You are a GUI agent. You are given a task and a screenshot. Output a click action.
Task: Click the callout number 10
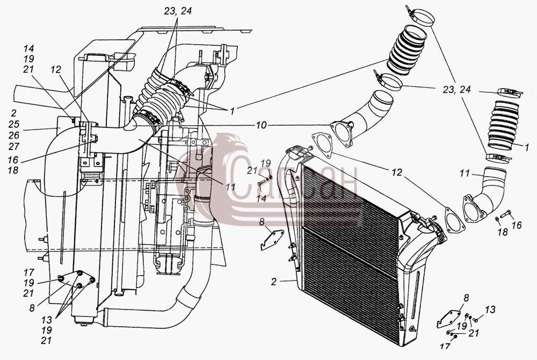click(261, 126)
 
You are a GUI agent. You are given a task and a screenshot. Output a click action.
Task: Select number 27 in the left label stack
click(14, 147)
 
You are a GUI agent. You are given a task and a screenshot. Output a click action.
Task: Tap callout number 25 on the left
click(14, 124)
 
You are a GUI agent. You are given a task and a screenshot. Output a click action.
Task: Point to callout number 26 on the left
click(14, 135)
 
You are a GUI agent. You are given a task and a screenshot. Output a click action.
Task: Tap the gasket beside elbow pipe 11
click(454, 219)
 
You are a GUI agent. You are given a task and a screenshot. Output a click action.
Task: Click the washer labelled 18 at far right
click(497, 219)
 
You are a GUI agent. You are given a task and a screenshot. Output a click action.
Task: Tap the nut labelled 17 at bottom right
click(454, 336)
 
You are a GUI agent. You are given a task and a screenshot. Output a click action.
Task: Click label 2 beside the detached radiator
click(274, 282)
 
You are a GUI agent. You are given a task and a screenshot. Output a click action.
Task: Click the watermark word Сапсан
click(292, 185)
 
